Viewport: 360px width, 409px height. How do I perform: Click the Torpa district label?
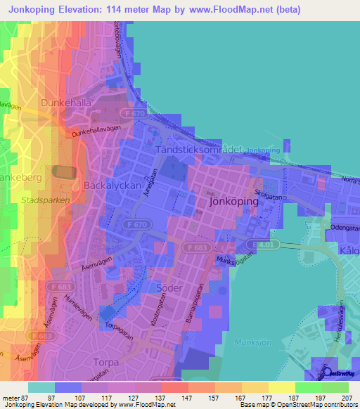pyautogui.click(x=107, y=363)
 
